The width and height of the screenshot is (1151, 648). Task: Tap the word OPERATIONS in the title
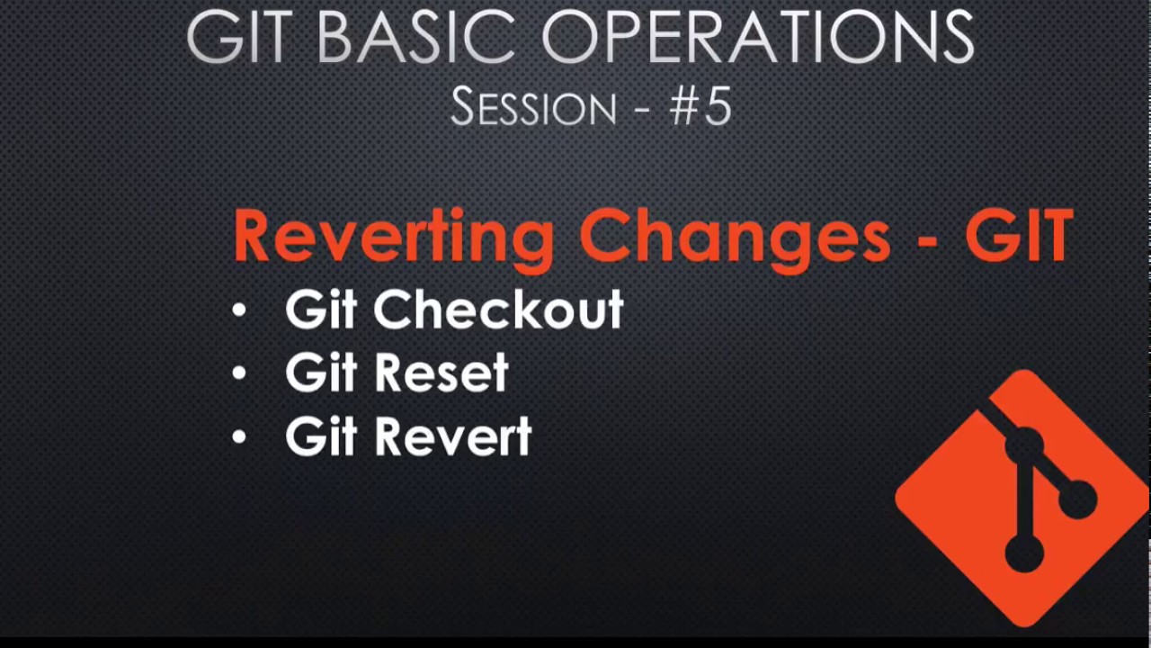pos(758,37)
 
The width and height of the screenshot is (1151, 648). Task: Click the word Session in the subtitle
pos(533,108)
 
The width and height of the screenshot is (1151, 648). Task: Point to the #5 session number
pos(700,106)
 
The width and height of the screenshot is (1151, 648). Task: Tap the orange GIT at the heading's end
pos(1019,237)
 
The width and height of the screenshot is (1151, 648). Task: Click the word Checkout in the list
pos(498,310)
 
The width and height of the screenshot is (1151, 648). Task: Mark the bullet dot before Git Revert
pos(238,438)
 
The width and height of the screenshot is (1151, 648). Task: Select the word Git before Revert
pos(321,437)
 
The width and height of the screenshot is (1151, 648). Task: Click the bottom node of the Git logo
pos(1023,552)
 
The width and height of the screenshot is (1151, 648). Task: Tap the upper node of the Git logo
pos(1024,445)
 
